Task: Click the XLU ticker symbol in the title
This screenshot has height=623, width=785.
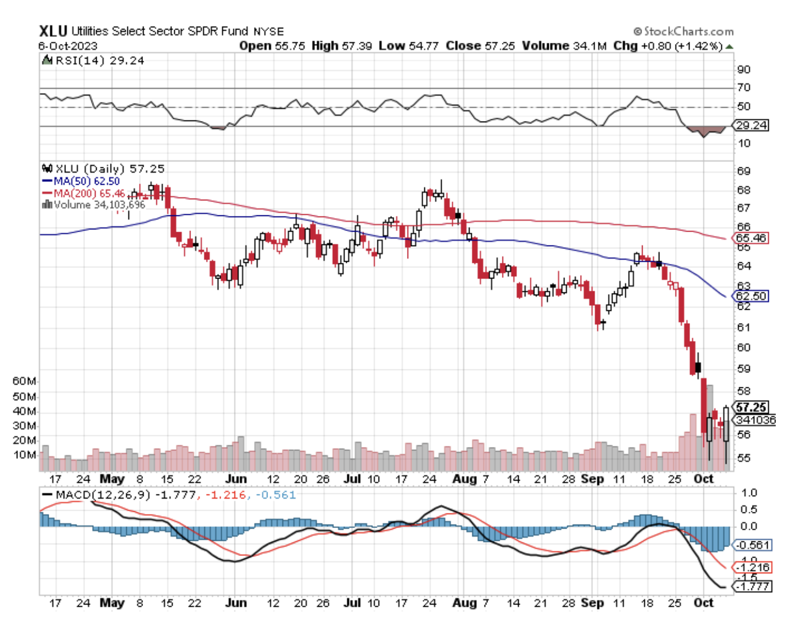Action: tap(53, 31)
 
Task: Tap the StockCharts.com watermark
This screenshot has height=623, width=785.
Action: tap(684, 31)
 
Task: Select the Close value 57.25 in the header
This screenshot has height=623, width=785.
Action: tap(500, 46)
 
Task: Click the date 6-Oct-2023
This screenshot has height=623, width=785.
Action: tap(68, 46)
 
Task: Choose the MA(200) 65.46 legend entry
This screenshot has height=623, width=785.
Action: tap(89, 193)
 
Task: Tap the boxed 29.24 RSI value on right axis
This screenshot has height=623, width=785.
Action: tap(751, 125)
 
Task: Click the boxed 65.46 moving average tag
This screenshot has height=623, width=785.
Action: tap(751, 238)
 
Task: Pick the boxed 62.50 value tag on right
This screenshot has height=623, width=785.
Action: tap(751, 296)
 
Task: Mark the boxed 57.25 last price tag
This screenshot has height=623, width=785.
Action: tap(751, 408)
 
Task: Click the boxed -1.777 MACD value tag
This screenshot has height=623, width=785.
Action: tap(753, 587)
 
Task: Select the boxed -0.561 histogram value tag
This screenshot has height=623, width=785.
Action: tap(753, 545)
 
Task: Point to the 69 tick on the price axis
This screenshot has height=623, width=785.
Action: tap(743, 171)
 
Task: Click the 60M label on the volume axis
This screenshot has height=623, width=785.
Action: tap(24, 381)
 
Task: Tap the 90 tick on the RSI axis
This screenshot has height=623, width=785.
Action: tap(743, 69)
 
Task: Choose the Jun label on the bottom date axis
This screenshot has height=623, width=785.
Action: tap(236, 603)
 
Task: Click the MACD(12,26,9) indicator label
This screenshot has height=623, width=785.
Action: tap(102, 495)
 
